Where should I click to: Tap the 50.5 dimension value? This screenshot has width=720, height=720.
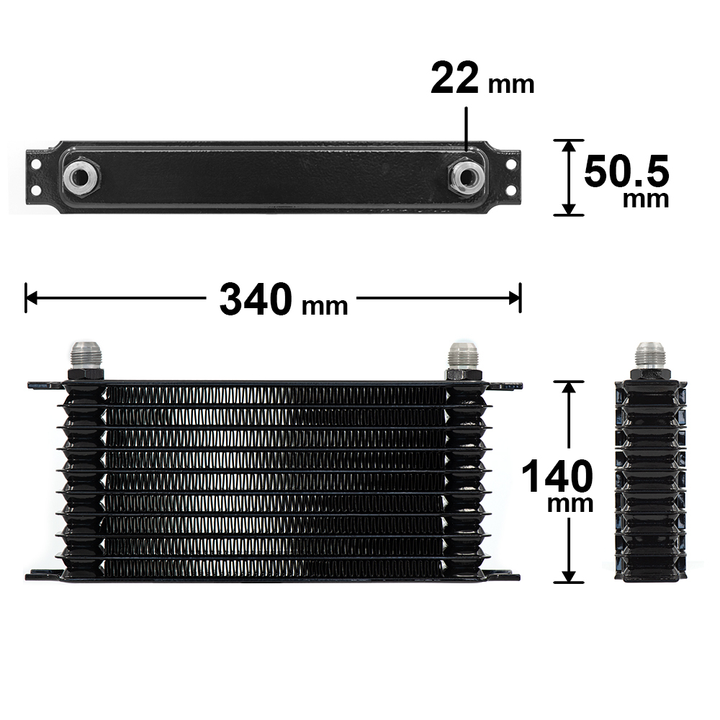626,171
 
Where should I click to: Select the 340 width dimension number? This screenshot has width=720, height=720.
256,300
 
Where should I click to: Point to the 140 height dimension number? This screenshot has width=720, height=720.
557,476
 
